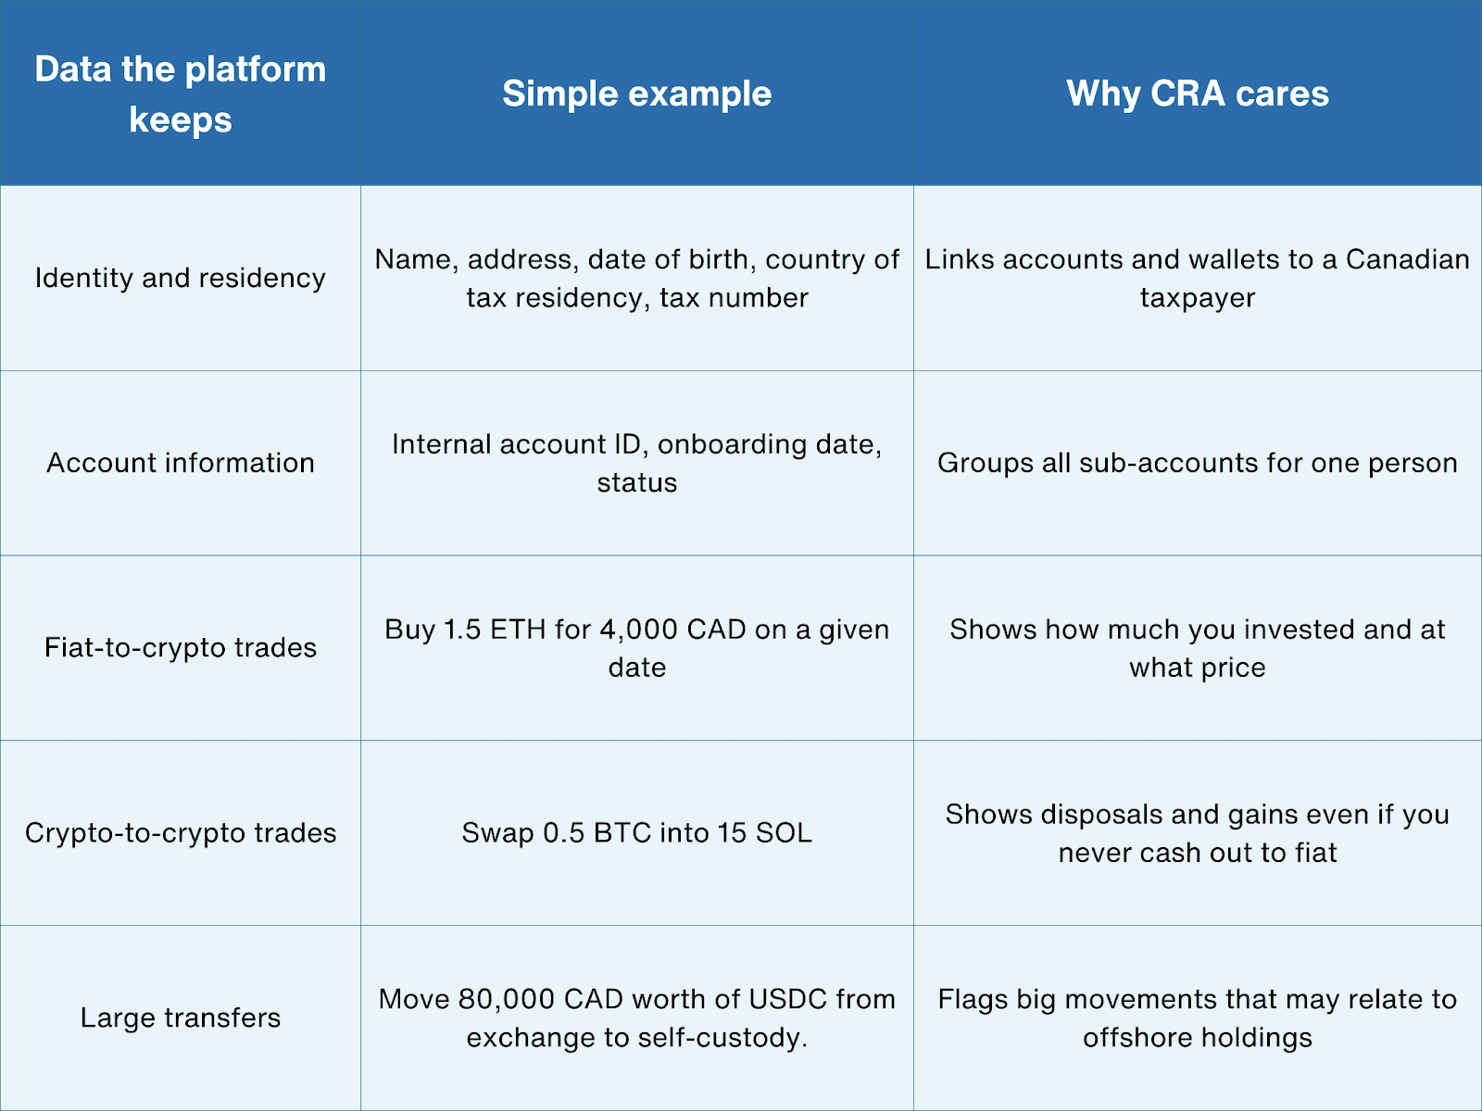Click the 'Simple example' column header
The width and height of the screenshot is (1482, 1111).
coord(636,94)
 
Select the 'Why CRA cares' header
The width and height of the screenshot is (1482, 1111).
coord(1197,94)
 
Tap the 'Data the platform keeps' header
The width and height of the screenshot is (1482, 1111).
coord(181,94)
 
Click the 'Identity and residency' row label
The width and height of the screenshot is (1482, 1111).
coord(181,278)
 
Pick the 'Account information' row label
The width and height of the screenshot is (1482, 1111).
coord(181,463)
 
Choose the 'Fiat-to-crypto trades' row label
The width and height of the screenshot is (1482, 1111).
coord(181,647)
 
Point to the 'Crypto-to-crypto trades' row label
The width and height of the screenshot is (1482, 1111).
coord(181,832)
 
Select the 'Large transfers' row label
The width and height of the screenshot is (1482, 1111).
coord(181,1017)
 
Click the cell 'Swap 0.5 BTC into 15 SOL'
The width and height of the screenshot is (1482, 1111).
coord(636,832)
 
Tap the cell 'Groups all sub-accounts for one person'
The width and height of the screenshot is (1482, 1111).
coord(1197,463)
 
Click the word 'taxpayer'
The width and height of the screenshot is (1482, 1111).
coord(1197,298)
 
